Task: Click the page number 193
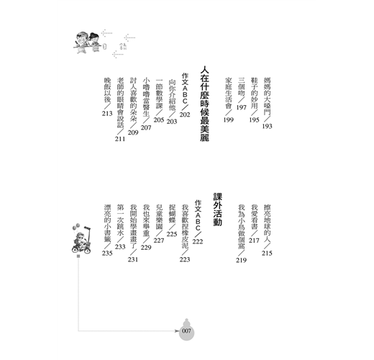click(267, 126)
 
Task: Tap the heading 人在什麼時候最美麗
click(205, 104)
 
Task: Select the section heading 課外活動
click(218, 210)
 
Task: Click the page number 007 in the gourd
click(186, 331)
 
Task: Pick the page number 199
click(228, 120)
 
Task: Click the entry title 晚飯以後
click(107, 90)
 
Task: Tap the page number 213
click(107, 113)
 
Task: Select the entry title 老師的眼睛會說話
click(120, 103)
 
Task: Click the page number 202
click(185, 114)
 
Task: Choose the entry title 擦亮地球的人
click(267, 223)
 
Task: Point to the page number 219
click(241, 260)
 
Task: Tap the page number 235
click(107, 253)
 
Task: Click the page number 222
click(198, 241)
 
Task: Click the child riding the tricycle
click(81, 239)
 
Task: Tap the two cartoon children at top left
click(88, 42)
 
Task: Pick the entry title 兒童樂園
click(159, 217)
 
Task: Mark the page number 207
click(146, 127)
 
